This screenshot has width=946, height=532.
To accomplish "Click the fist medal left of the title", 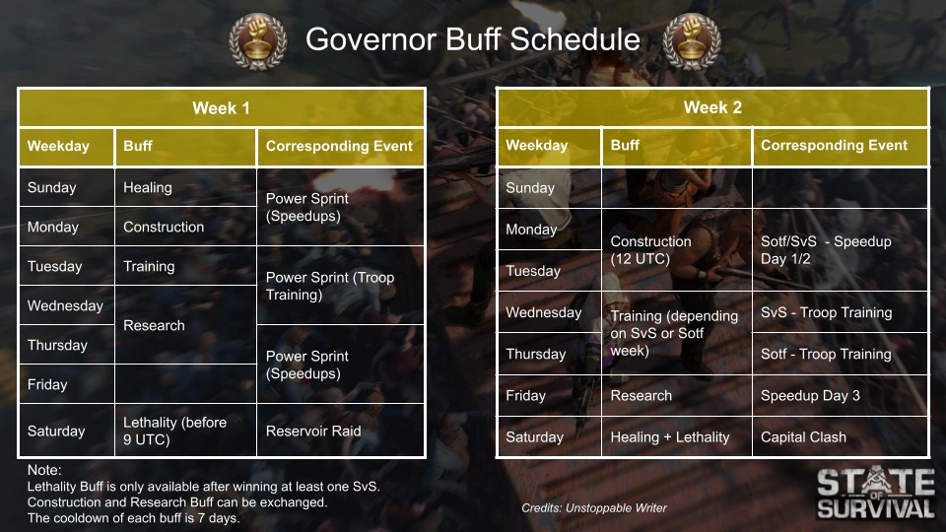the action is (257, 41).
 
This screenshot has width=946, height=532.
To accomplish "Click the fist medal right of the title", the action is (692, 41).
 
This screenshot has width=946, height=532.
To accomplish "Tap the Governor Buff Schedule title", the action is (472, 39).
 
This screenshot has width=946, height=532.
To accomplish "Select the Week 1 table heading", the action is (222, 108).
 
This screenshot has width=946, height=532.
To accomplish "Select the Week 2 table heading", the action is (712, 107).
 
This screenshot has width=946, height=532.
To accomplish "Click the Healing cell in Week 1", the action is (185, 187).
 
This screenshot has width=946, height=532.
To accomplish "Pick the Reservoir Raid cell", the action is (340, 431).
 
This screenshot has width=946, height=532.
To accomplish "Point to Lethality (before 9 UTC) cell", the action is (185, 431).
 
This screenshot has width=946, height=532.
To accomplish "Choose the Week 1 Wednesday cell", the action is (66, 305).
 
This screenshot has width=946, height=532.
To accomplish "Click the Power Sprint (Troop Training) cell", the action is (340, 286).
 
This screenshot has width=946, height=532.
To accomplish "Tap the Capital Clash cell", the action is (840, 436).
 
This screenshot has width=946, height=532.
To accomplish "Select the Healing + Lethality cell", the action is (676, 436).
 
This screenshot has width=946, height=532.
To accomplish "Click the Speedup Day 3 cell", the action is (840, 395).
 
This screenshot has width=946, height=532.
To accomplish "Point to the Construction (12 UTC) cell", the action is (676, 249).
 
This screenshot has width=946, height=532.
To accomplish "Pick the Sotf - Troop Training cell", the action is (840, 354).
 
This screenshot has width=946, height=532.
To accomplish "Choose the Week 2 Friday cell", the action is (549, 395).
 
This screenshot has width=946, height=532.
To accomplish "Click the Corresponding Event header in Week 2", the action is (840, 146).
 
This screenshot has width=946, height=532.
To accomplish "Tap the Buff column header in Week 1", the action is (185, 146).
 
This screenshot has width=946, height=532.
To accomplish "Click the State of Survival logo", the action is (875, 493).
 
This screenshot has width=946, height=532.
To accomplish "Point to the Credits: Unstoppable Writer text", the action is (594, 508).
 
